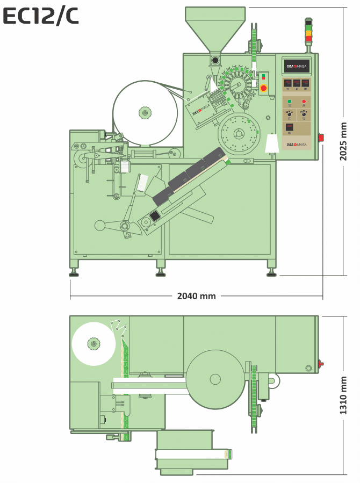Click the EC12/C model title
tap(40, 17)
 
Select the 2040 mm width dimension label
tap(196, 296)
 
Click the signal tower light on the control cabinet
tap(308, 32)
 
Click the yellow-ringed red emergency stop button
tap(263, 88)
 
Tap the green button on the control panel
tap(289, 101)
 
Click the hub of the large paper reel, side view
tap(145, 112)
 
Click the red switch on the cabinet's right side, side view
tap(321, 138)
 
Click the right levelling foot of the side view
tap(272, 274)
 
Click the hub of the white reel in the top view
tap(93, 343)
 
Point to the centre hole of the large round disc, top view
tap(215, 379)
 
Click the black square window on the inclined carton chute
tap(155, 217)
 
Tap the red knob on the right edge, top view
tap(321, 364)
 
